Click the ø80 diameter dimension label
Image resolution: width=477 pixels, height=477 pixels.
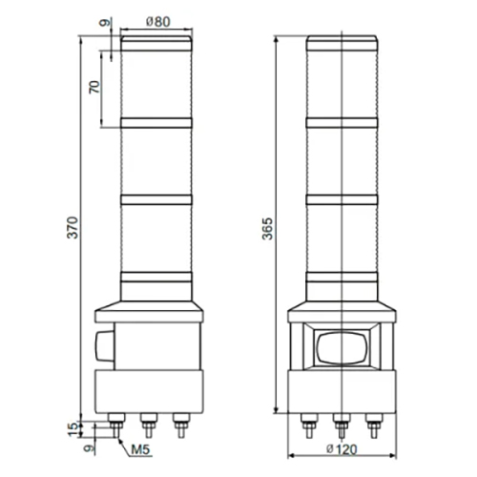(158, 22)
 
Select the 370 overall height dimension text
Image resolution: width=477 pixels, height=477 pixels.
(73, 227)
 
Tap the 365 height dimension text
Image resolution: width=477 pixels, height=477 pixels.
(268, 229)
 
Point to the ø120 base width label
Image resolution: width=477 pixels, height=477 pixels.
(342, 449)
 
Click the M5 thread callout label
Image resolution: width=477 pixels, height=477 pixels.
(140, 449)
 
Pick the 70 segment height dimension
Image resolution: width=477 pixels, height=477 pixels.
(94, 87)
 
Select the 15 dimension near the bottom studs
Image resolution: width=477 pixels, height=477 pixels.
(73, 429)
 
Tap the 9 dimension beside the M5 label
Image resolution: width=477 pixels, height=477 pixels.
(89, 447)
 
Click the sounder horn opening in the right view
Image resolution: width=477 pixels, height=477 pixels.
(342, 347)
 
